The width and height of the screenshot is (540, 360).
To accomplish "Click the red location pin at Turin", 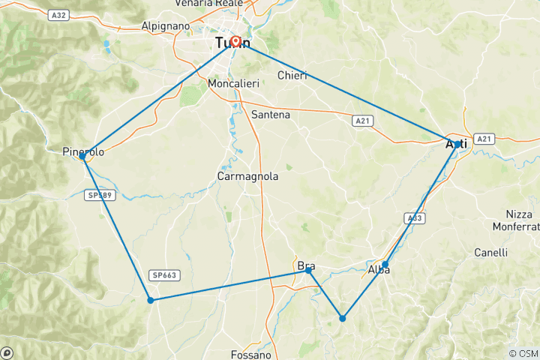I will click(x=235, y=42).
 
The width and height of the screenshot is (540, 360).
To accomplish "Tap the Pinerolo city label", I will click(x=83, y=152).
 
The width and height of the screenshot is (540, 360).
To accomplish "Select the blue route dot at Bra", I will click(x=308, y=270).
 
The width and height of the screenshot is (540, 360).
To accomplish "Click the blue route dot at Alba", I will click(x=385, y=264).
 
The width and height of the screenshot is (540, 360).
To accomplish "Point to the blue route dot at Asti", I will click(x=457, y=144).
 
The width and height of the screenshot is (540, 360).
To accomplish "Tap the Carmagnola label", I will click(x=247, y=176).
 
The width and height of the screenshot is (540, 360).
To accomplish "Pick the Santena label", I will click(x=271, y=115).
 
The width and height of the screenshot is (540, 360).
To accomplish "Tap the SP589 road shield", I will click(x=101, y=194).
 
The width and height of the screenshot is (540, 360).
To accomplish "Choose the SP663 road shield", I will click(x=163, y=275).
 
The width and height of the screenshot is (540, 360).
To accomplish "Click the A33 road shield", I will click(x=413, y=218).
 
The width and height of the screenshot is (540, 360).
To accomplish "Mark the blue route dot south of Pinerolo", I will click(x=151, y=300).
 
